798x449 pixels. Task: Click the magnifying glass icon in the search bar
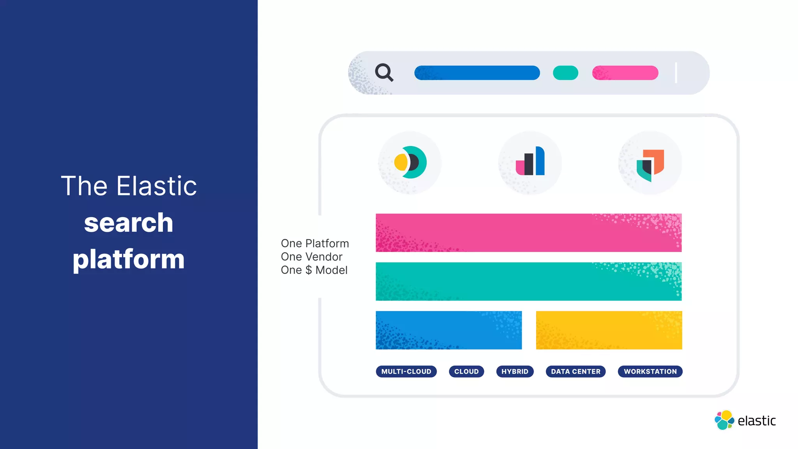point(384,72)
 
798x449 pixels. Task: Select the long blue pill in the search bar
point(477,73)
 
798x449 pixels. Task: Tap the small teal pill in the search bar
point(565,73)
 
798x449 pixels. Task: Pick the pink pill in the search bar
point(625,73)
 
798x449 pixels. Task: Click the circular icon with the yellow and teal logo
point(410,163)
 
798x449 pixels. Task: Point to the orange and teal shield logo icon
point(650,164)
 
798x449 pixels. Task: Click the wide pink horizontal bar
point(528,233)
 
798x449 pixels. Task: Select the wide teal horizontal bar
point(528,281)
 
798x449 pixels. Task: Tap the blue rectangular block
point(448,330)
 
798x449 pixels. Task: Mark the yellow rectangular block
point(609,330)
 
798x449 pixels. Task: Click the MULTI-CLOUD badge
point(406,371)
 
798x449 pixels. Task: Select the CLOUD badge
point(466,371)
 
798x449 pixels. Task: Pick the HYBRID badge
point(515,371)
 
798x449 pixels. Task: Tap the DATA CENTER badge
point(576,371)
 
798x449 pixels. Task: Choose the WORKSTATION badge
point(650,371)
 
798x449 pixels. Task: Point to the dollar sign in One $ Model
point(309,270)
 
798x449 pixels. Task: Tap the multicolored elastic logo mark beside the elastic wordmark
point(724,420)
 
